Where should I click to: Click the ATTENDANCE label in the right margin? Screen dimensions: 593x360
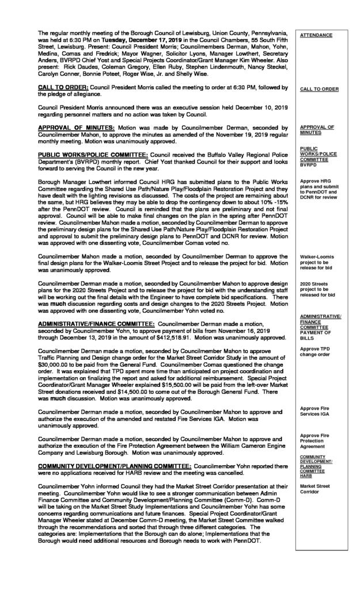pyautogui.click(x=316, y=35)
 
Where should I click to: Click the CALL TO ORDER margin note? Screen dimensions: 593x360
pyautogui.click(x=319, y=89)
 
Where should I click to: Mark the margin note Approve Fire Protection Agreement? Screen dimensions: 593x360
pyautogui.click(x=316, y=440)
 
